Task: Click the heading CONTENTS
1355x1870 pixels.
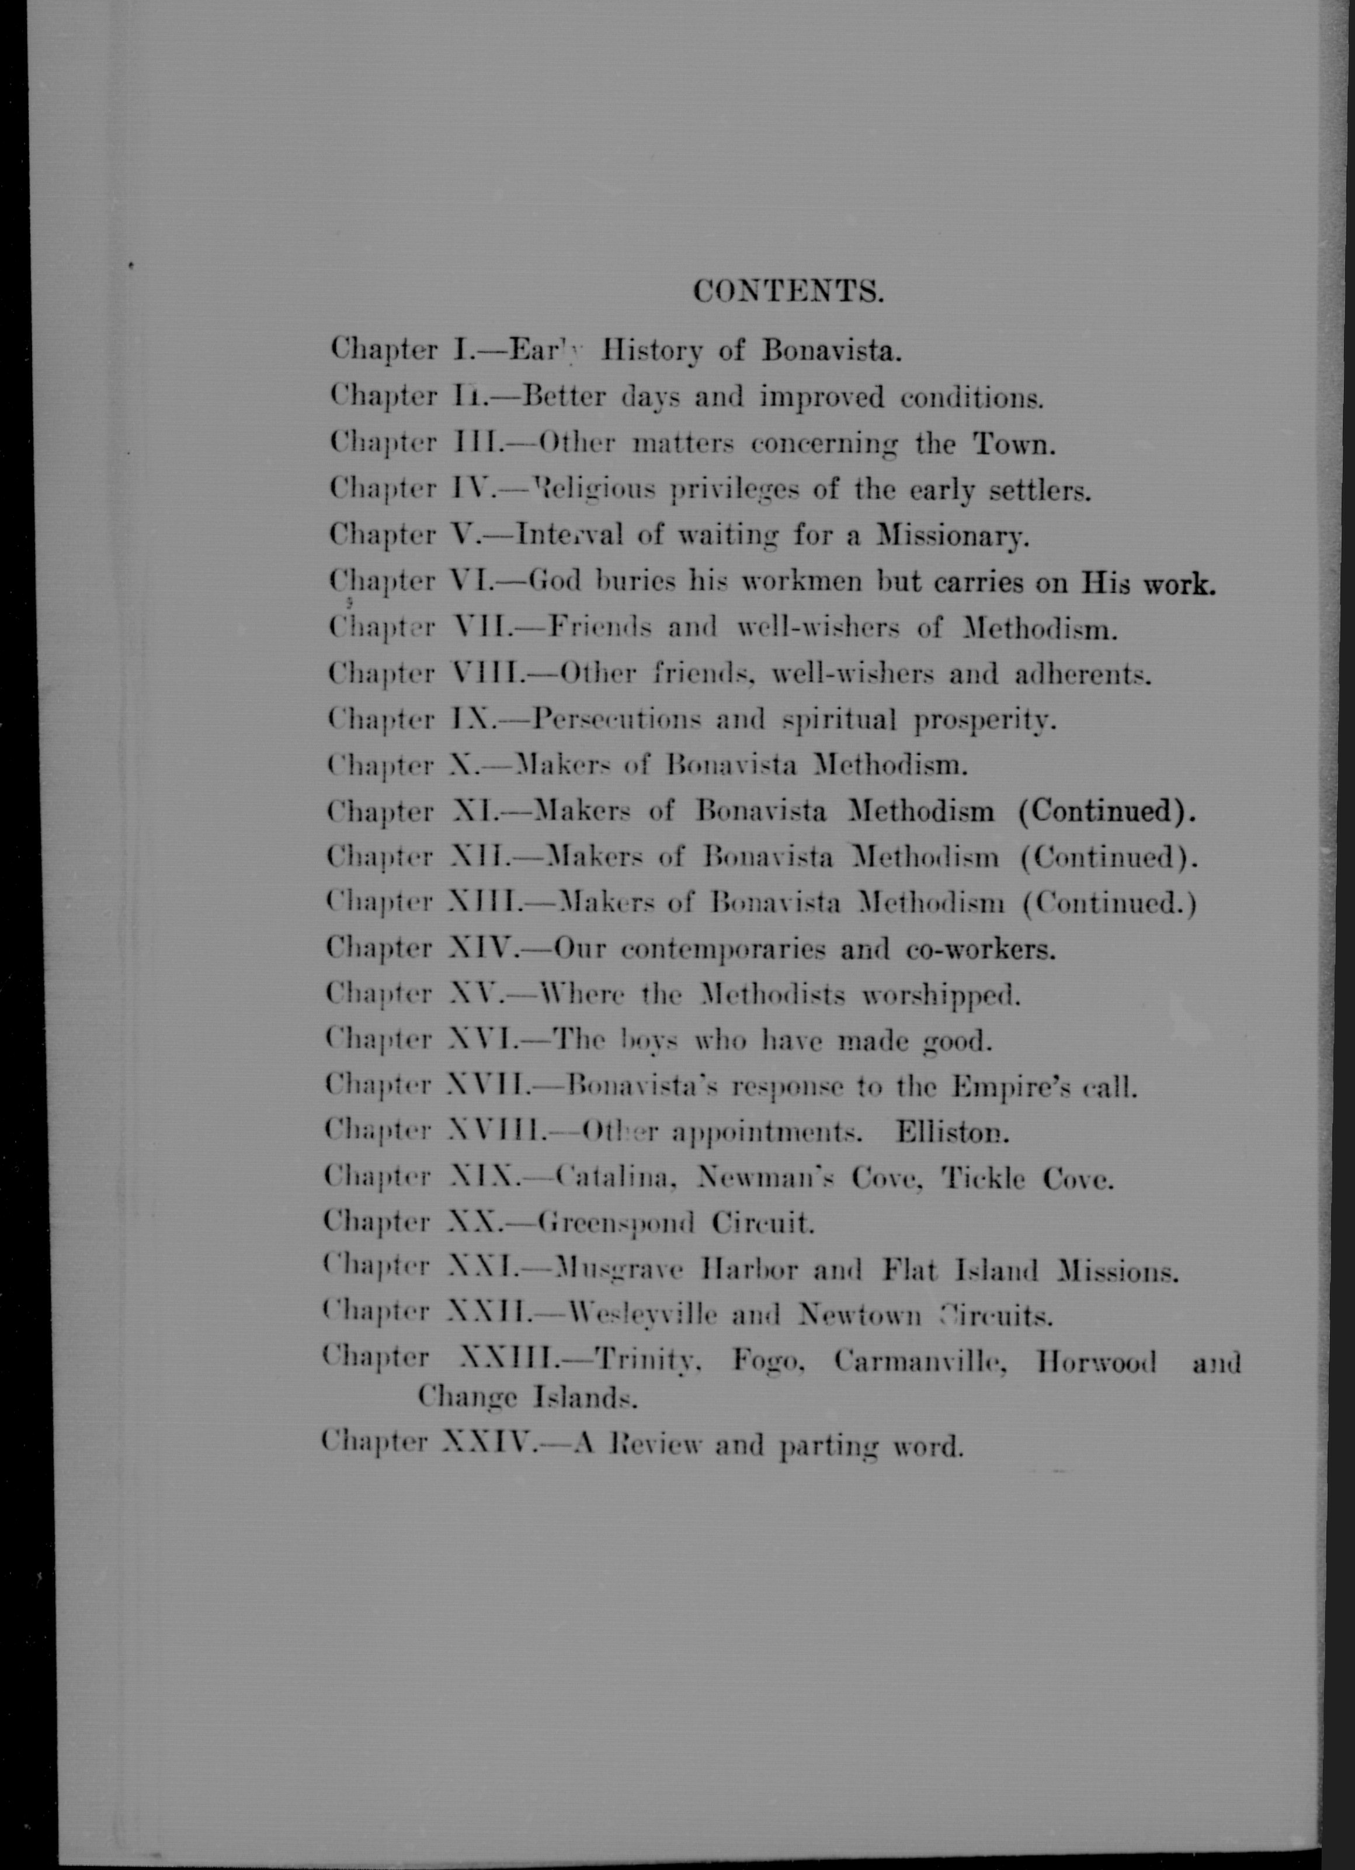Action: (x=787, y=291)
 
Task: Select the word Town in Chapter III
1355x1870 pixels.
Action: (x=1013, y=445)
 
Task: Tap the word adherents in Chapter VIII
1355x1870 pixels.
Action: (x=1080, y=676)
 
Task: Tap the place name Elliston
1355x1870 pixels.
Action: (x=952, y=1133)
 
